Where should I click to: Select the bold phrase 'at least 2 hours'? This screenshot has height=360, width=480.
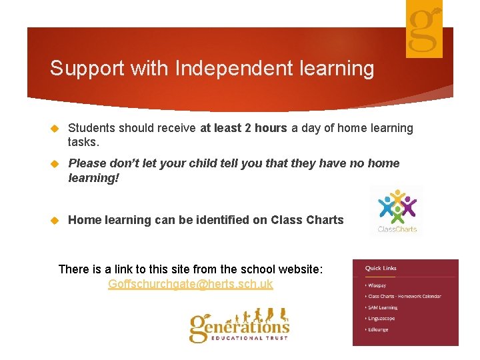(x=243, y=128)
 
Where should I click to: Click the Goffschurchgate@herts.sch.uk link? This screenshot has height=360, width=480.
(x=191, y=284)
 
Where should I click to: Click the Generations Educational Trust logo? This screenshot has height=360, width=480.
(x=239, y=326)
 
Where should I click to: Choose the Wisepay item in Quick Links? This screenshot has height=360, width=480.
(x=377, y=285)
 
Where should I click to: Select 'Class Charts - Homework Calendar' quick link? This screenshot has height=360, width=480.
(x=404, y=296)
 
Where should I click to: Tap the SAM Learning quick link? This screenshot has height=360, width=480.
(x=383, y=307)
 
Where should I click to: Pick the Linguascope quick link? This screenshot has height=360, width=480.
(x=381, y=319)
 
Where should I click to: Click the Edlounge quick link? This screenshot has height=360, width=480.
(x=379, y=329)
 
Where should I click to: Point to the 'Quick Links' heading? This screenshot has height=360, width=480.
(x=381, y=268)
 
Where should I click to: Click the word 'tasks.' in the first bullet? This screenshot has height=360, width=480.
(x=83, y=142)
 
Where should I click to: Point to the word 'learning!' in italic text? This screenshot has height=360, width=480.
(x=93, y=178)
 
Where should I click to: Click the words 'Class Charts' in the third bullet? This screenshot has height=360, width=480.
(x=307, y=220)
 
